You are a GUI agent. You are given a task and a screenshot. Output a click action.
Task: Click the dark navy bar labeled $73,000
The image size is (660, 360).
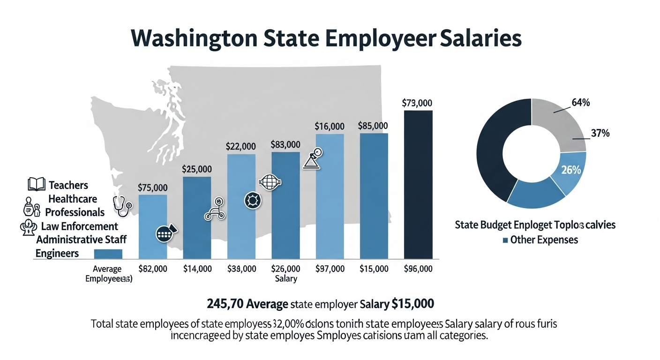click(418, 185)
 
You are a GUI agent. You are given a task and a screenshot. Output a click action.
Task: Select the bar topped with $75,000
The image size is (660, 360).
click(153, 227)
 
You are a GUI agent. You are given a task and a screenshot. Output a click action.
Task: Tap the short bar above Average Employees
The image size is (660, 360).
click(108, 254)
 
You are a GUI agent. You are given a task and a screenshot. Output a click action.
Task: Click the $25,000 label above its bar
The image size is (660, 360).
click(197, 169)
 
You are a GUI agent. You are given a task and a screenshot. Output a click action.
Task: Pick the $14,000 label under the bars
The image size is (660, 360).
click(197, 269)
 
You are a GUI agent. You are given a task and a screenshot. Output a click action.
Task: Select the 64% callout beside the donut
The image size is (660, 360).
click(581, 102)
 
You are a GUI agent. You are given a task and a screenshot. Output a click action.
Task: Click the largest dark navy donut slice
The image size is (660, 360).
click(492, 150)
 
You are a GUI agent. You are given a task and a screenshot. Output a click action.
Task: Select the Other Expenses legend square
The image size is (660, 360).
click(505, 240)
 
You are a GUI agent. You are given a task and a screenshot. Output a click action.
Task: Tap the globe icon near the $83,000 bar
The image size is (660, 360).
click(269, 182)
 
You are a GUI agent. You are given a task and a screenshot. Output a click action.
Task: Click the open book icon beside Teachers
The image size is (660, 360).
click(37, 184)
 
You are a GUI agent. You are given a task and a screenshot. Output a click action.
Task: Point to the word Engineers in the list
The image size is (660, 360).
click(57, 253)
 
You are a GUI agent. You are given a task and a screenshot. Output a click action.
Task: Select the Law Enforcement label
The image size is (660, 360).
click(79, 226)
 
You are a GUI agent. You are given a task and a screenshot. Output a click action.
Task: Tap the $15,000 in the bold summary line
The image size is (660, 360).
click(412, 304)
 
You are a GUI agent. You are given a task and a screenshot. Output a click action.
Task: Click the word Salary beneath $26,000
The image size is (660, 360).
click(285, 279)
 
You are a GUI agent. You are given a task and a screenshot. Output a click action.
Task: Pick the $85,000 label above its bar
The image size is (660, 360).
click(373, 126)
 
